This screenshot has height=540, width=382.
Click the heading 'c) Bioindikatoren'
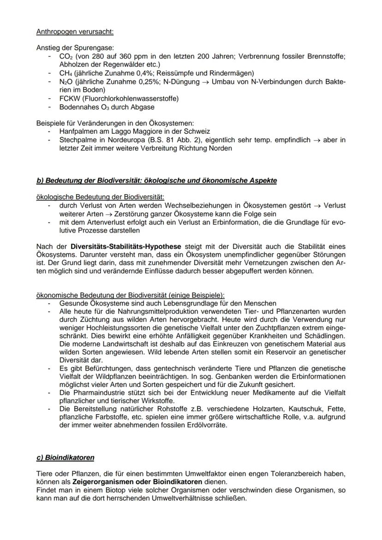click(65, 458)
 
